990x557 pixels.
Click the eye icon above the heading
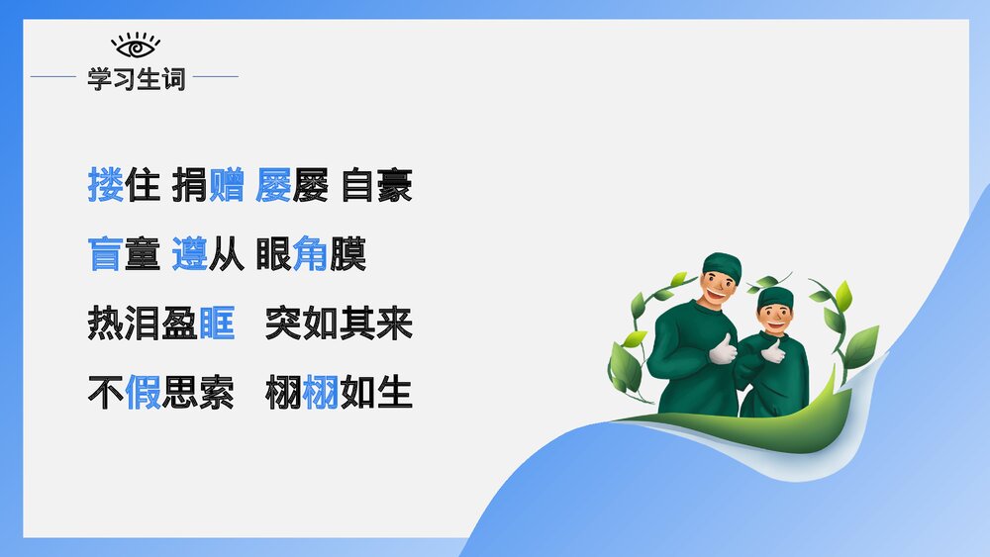136,46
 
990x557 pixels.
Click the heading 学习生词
136,79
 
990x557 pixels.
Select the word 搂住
124,186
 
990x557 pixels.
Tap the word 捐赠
208,186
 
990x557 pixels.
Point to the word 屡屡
292,186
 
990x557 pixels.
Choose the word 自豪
376,186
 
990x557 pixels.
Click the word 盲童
124,255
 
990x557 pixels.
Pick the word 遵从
208,255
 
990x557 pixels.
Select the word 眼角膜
311,255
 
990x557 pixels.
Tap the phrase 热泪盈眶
161,325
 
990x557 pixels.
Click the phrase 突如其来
339,325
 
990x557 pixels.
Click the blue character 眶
217,325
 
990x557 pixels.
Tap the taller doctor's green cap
722,264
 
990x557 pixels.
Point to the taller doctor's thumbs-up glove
724,349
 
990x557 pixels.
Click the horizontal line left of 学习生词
53,76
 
